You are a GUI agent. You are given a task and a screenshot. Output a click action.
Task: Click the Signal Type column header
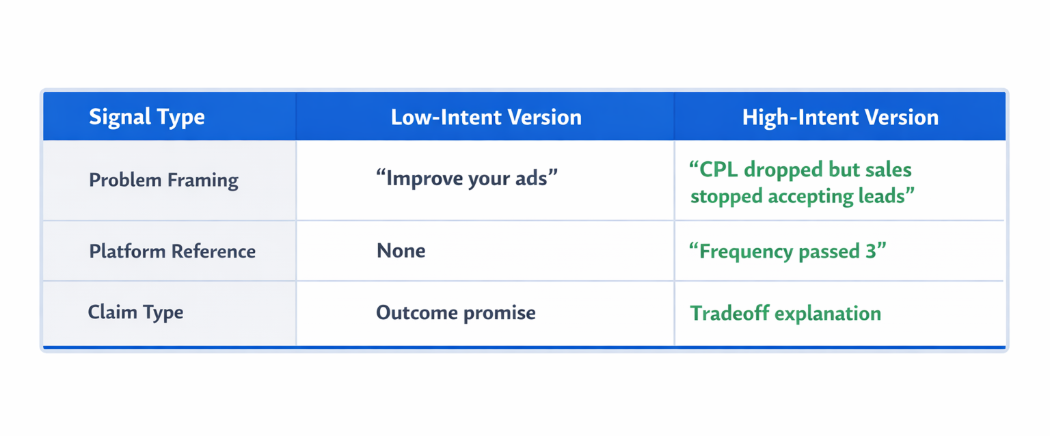pyautogui.click(x=146, y=117)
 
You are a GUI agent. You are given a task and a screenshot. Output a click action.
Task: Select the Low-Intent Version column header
pyautogui.click(x=486, y=117)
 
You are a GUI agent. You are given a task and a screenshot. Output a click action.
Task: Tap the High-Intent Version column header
pyautogui.click(x=840, y=117)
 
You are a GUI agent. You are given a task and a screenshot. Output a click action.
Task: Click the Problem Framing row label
pyautogui.click(x=164, y=180)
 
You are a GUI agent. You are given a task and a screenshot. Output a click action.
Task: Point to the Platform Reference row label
pyautogui.click(x=172, y=251)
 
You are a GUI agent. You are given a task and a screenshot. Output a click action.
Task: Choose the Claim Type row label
pyautogui.click(x=135, y=312)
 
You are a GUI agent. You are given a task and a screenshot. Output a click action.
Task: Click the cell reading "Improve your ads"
pyautogui.click(x=467, y=178)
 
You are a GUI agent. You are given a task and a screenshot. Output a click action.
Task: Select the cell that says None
pyautogui.click(x=401, y=251)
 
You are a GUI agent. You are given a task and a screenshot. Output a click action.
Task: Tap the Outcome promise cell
pyautogui.click(x=456, y=313)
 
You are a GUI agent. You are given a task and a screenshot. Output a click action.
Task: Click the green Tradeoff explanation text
pyautogui.click(x=785, y=313)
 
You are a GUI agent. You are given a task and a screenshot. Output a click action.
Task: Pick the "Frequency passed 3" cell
pyautogui.click(x=788, y=251)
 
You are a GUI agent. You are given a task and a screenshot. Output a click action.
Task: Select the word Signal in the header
pyautogui.click(x=113, y=117)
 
